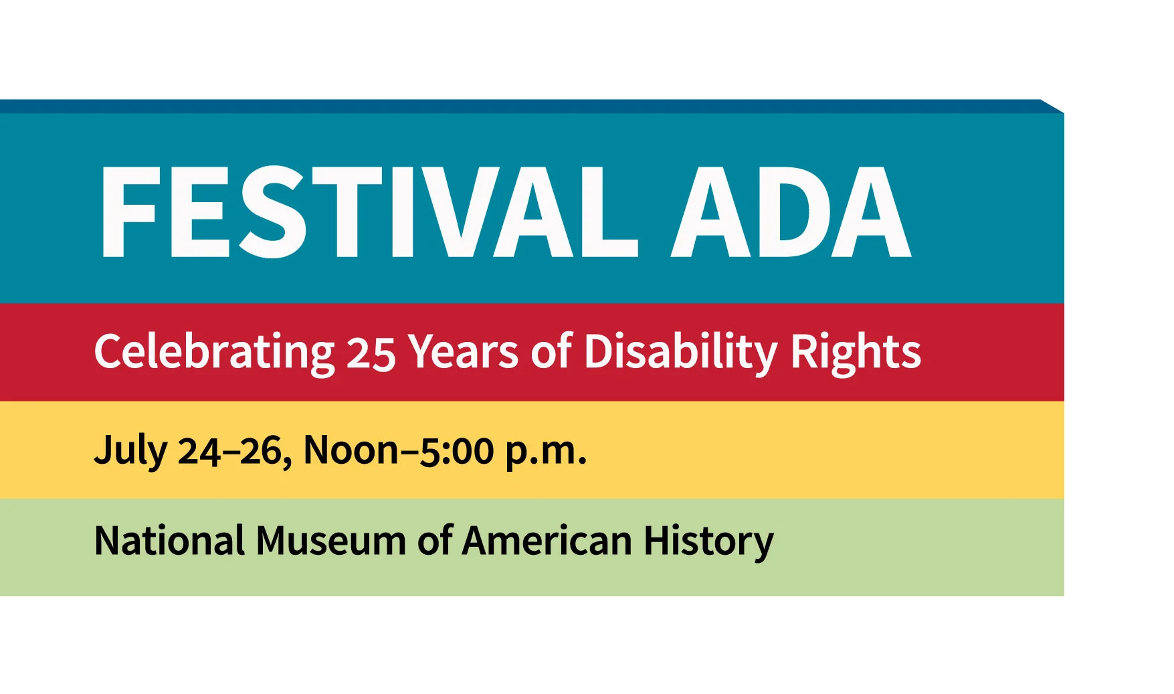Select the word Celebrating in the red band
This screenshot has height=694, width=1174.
[214, 351]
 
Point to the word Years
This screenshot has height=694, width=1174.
[464, 351]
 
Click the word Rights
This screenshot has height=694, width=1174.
[856, 351]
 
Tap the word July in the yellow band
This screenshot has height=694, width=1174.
[130, 450]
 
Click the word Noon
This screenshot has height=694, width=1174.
[351, 450]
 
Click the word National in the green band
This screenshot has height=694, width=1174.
[169, 541]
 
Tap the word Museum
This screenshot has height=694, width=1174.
[330, 541]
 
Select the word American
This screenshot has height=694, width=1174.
[547, 541]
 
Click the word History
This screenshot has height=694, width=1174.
[708, 541]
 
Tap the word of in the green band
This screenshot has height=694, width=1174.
[435, 541]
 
